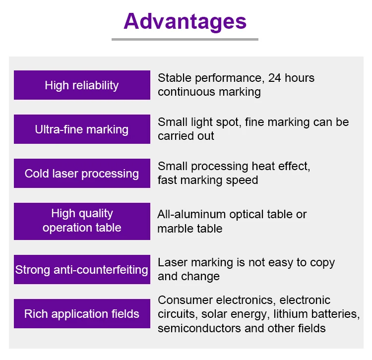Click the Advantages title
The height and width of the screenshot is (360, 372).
185,22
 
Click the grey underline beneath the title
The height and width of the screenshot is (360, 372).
185,39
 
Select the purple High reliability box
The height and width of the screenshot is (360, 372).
82,85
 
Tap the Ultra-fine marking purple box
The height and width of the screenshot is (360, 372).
82,129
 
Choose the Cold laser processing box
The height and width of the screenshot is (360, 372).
82,174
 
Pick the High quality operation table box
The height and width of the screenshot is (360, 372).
82,221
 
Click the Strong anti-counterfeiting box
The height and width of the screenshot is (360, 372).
82,269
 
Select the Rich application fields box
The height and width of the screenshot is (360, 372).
82,313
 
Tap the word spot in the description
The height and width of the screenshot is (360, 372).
228,122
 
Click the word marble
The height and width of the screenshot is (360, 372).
174,229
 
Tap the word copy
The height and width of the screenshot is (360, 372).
322,263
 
